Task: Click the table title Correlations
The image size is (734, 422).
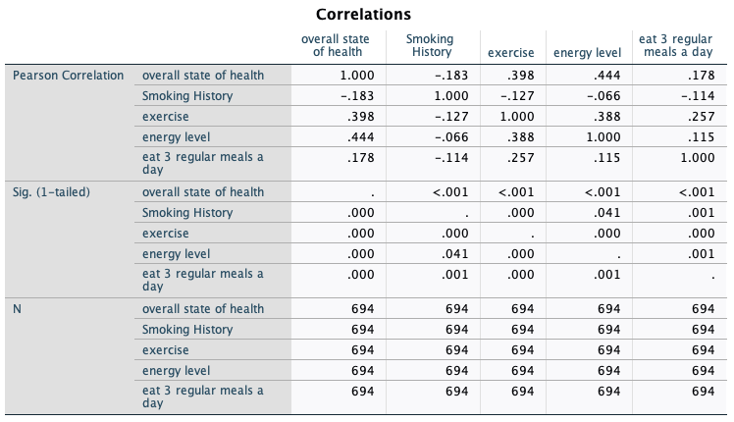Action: [363, 15]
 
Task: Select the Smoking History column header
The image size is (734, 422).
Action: [429, 45]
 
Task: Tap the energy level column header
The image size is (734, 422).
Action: [588, 52]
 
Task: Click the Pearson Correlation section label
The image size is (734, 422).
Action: [68, 76]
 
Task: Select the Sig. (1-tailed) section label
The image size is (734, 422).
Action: [51, 191]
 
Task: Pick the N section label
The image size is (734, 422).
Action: [18, 308]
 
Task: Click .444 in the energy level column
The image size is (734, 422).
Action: [602, 76]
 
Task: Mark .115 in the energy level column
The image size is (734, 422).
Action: [602, 157]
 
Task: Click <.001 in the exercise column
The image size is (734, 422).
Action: [515, 192]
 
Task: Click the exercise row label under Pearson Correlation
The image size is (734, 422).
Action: [166, 117]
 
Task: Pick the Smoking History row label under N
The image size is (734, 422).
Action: [187, 330]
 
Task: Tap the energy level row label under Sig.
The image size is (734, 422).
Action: [177, 254]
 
